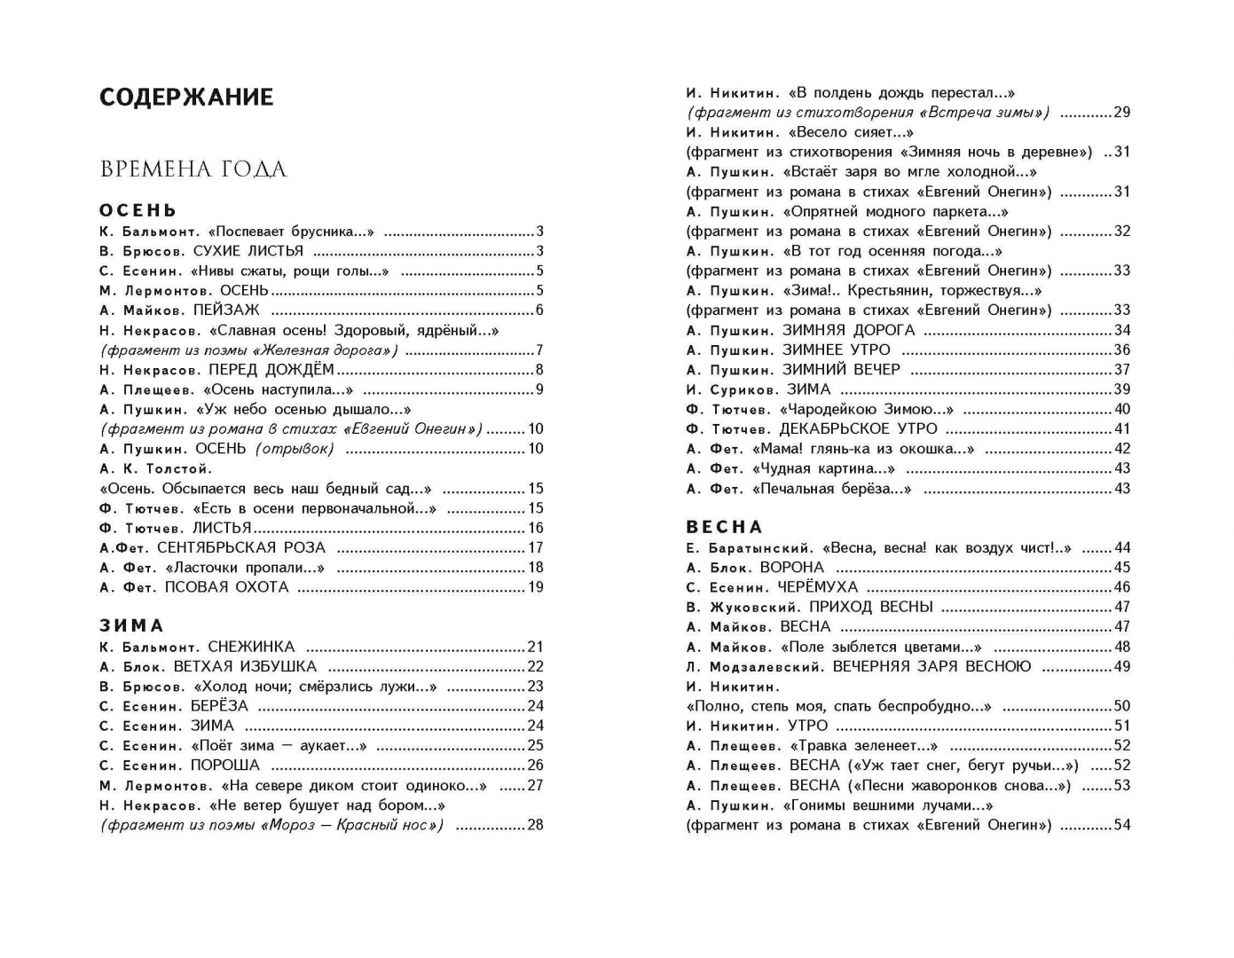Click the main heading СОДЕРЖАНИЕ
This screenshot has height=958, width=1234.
(186, 97)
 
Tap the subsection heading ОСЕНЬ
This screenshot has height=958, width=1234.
(138, 210)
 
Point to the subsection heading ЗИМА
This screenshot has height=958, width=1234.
(132, 626)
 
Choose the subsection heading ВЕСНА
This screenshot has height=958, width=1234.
(725, 527)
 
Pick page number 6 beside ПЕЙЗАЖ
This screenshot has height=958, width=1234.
(539, 310)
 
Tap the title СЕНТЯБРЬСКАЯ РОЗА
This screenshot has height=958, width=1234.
(241, 547)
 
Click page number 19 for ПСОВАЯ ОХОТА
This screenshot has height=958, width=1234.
(536, 587)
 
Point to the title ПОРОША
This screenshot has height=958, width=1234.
(225, 765)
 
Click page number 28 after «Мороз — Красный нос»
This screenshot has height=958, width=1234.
(536, 825)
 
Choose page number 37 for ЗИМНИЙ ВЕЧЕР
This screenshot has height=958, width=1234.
(1122, 370)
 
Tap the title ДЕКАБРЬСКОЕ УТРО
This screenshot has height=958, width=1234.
(858, 429)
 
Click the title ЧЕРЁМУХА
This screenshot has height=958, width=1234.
(818, 587)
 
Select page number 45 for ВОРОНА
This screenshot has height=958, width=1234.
(1122, 568)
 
